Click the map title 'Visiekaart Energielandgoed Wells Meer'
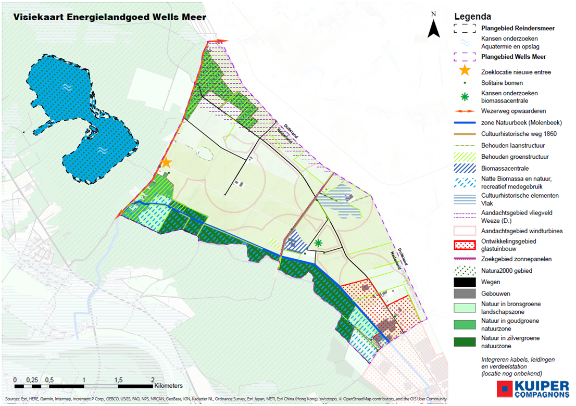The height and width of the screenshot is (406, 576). (x=109, y=17)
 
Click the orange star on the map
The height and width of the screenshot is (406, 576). (x=166, y=162)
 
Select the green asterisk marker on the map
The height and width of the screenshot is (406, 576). (x=318, y=243)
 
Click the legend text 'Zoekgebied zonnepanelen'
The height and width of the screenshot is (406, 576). (x=516, y=259)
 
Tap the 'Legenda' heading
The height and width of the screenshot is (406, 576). (x=472, y=17)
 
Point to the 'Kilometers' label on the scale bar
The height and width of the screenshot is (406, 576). (x=168, y=386)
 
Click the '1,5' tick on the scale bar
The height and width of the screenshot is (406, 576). (x=118, y=379)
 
